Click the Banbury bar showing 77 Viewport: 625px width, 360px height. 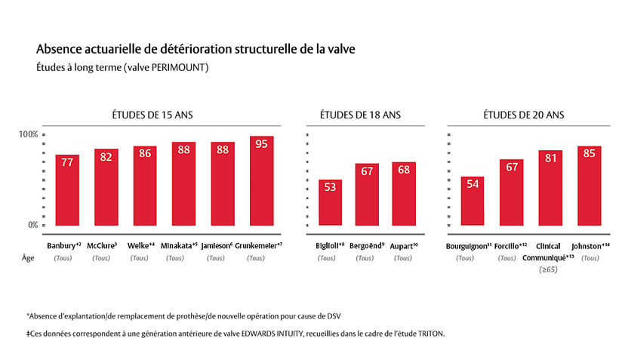(67, 190)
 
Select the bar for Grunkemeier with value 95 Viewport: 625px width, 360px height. (261, 181)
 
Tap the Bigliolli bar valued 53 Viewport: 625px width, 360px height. (330, 202)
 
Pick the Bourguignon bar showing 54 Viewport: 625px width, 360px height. (472, 202)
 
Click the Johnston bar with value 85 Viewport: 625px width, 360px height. (589, 186)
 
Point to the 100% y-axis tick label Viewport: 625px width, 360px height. (28, 134)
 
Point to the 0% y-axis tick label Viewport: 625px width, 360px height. (31, 225)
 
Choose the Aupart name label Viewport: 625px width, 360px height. (404, 246)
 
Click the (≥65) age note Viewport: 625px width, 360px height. (546, 269)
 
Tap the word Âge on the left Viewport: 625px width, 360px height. (28, 257)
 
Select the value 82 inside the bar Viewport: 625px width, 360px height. (106, 157)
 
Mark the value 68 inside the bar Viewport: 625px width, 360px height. (404, 170)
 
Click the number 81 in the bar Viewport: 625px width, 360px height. (550, 158)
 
